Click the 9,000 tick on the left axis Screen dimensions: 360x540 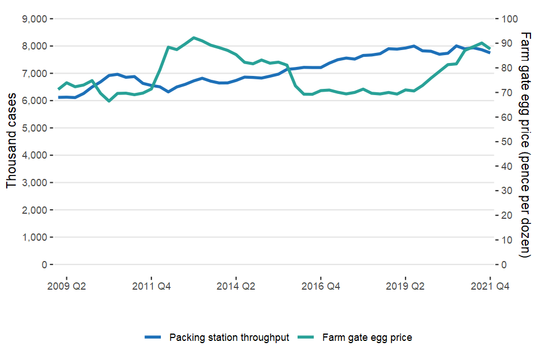34,19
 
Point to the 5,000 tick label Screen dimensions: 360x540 34,128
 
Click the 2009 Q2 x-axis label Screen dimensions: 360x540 66,286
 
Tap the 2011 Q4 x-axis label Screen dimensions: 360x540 151,286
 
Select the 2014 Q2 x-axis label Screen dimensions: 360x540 236,286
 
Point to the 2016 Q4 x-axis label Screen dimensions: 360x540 321,286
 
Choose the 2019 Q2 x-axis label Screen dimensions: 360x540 406,286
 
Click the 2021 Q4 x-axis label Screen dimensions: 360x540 490,286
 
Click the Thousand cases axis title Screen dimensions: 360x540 12,142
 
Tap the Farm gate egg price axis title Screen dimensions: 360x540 525,145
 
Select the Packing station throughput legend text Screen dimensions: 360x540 229,337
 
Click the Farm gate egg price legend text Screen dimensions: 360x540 367,337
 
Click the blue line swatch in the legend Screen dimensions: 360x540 153,337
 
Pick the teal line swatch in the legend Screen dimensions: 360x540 306,337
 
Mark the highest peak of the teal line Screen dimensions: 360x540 193,38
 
